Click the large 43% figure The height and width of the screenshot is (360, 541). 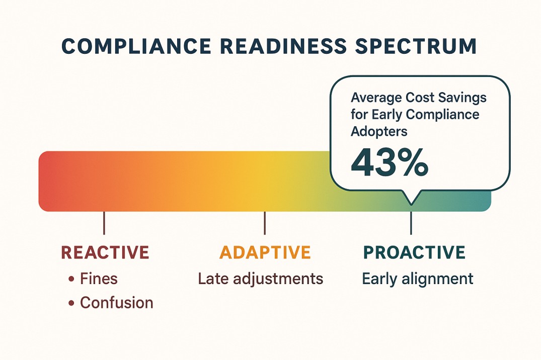389,163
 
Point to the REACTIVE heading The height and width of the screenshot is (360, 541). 105,252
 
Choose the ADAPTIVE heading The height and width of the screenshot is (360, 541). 265,252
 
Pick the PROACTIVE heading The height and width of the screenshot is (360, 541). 414,252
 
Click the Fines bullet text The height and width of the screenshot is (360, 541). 99,279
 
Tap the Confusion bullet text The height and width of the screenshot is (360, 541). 117,303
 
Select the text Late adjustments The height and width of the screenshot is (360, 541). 261,279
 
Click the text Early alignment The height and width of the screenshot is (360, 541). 418,279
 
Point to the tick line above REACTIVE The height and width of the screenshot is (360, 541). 104,223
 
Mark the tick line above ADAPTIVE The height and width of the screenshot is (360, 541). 265,223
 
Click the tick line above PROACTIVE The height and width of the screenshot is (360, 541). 411,223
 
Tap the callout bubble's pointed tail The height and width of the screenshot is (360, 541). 411,199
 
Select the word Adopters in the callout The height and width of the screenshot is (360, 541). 379,131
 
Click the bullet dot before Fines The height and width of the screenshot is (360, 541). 71,279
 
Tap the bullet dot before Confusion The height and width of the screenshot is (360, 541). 71,303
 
